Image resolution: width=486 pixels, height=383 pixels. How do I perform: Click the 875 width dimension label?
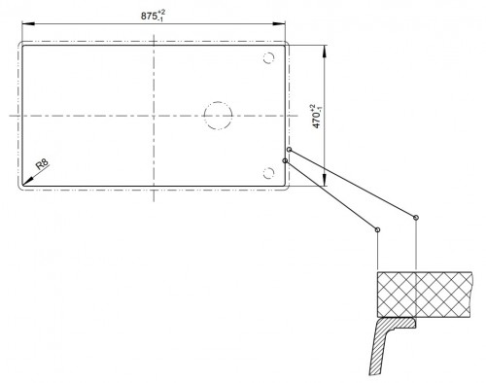coord(153,16)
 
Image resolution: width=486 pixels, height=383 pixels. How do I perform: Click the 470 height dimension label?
coord(317,116)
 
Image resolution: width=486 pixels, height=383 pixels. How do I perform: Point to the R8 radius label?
coord(43,164)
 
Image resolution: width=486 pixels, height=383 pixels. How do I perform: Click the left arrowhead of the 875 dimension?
coord(28,23)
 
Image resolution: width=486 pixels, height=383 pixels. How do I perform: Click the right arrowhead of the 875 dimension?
coord(279,23)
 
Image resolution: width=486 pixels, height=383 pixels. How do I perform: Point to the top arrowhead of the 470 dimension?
coord(325,52)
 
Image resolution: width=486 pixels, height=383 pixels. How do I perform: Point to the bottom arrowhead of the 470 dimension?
coord(325,180)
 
